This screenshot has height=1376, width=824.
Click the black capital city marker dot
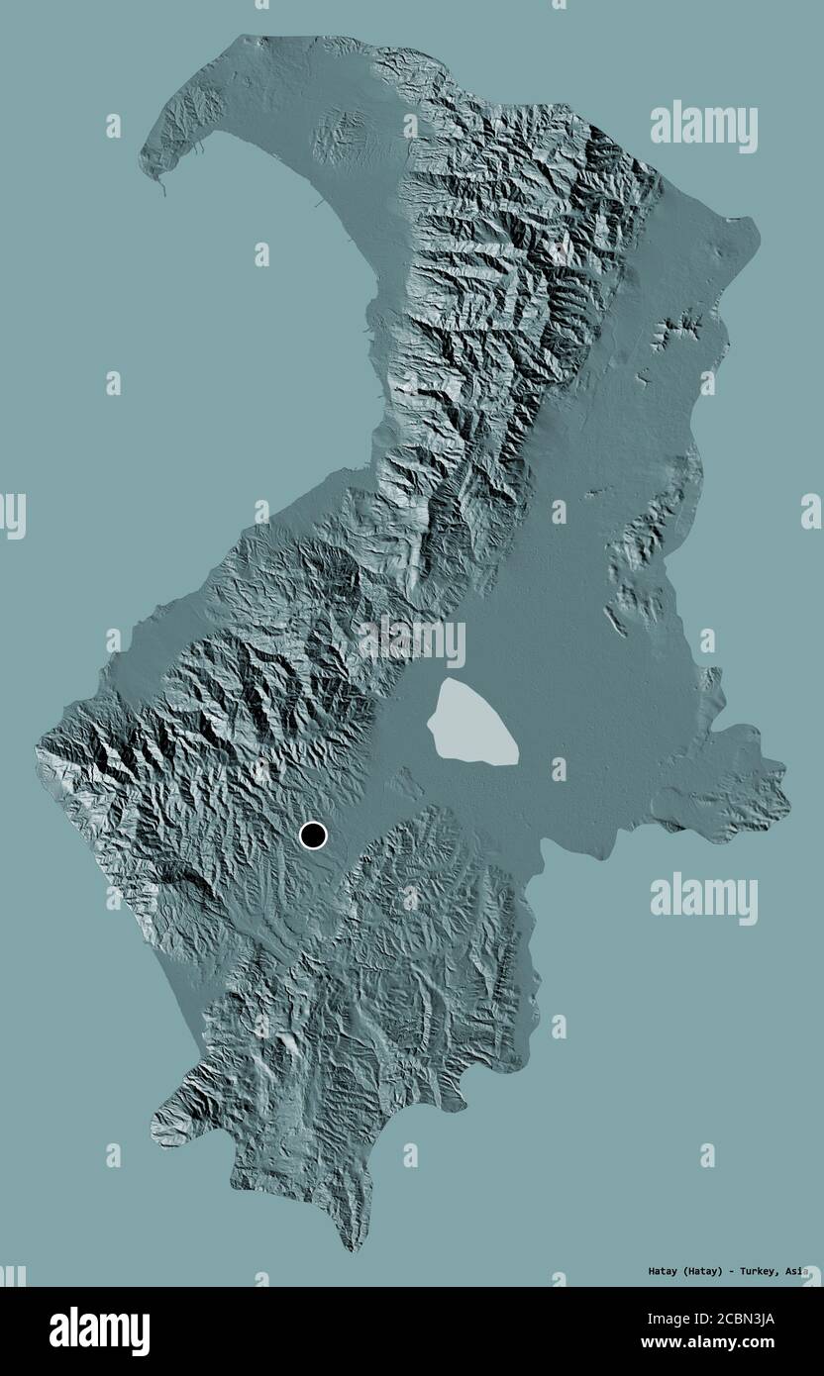(314, 836)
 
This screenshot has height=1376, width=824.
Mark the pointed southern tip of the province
(348, 1249)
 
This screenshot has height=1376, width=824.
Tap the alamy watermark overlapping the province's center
(411, 642)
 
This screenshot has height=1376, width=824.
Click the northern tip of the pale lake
(451, 681)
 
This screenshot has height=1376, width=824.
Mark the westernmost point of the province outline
(36, 744)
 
